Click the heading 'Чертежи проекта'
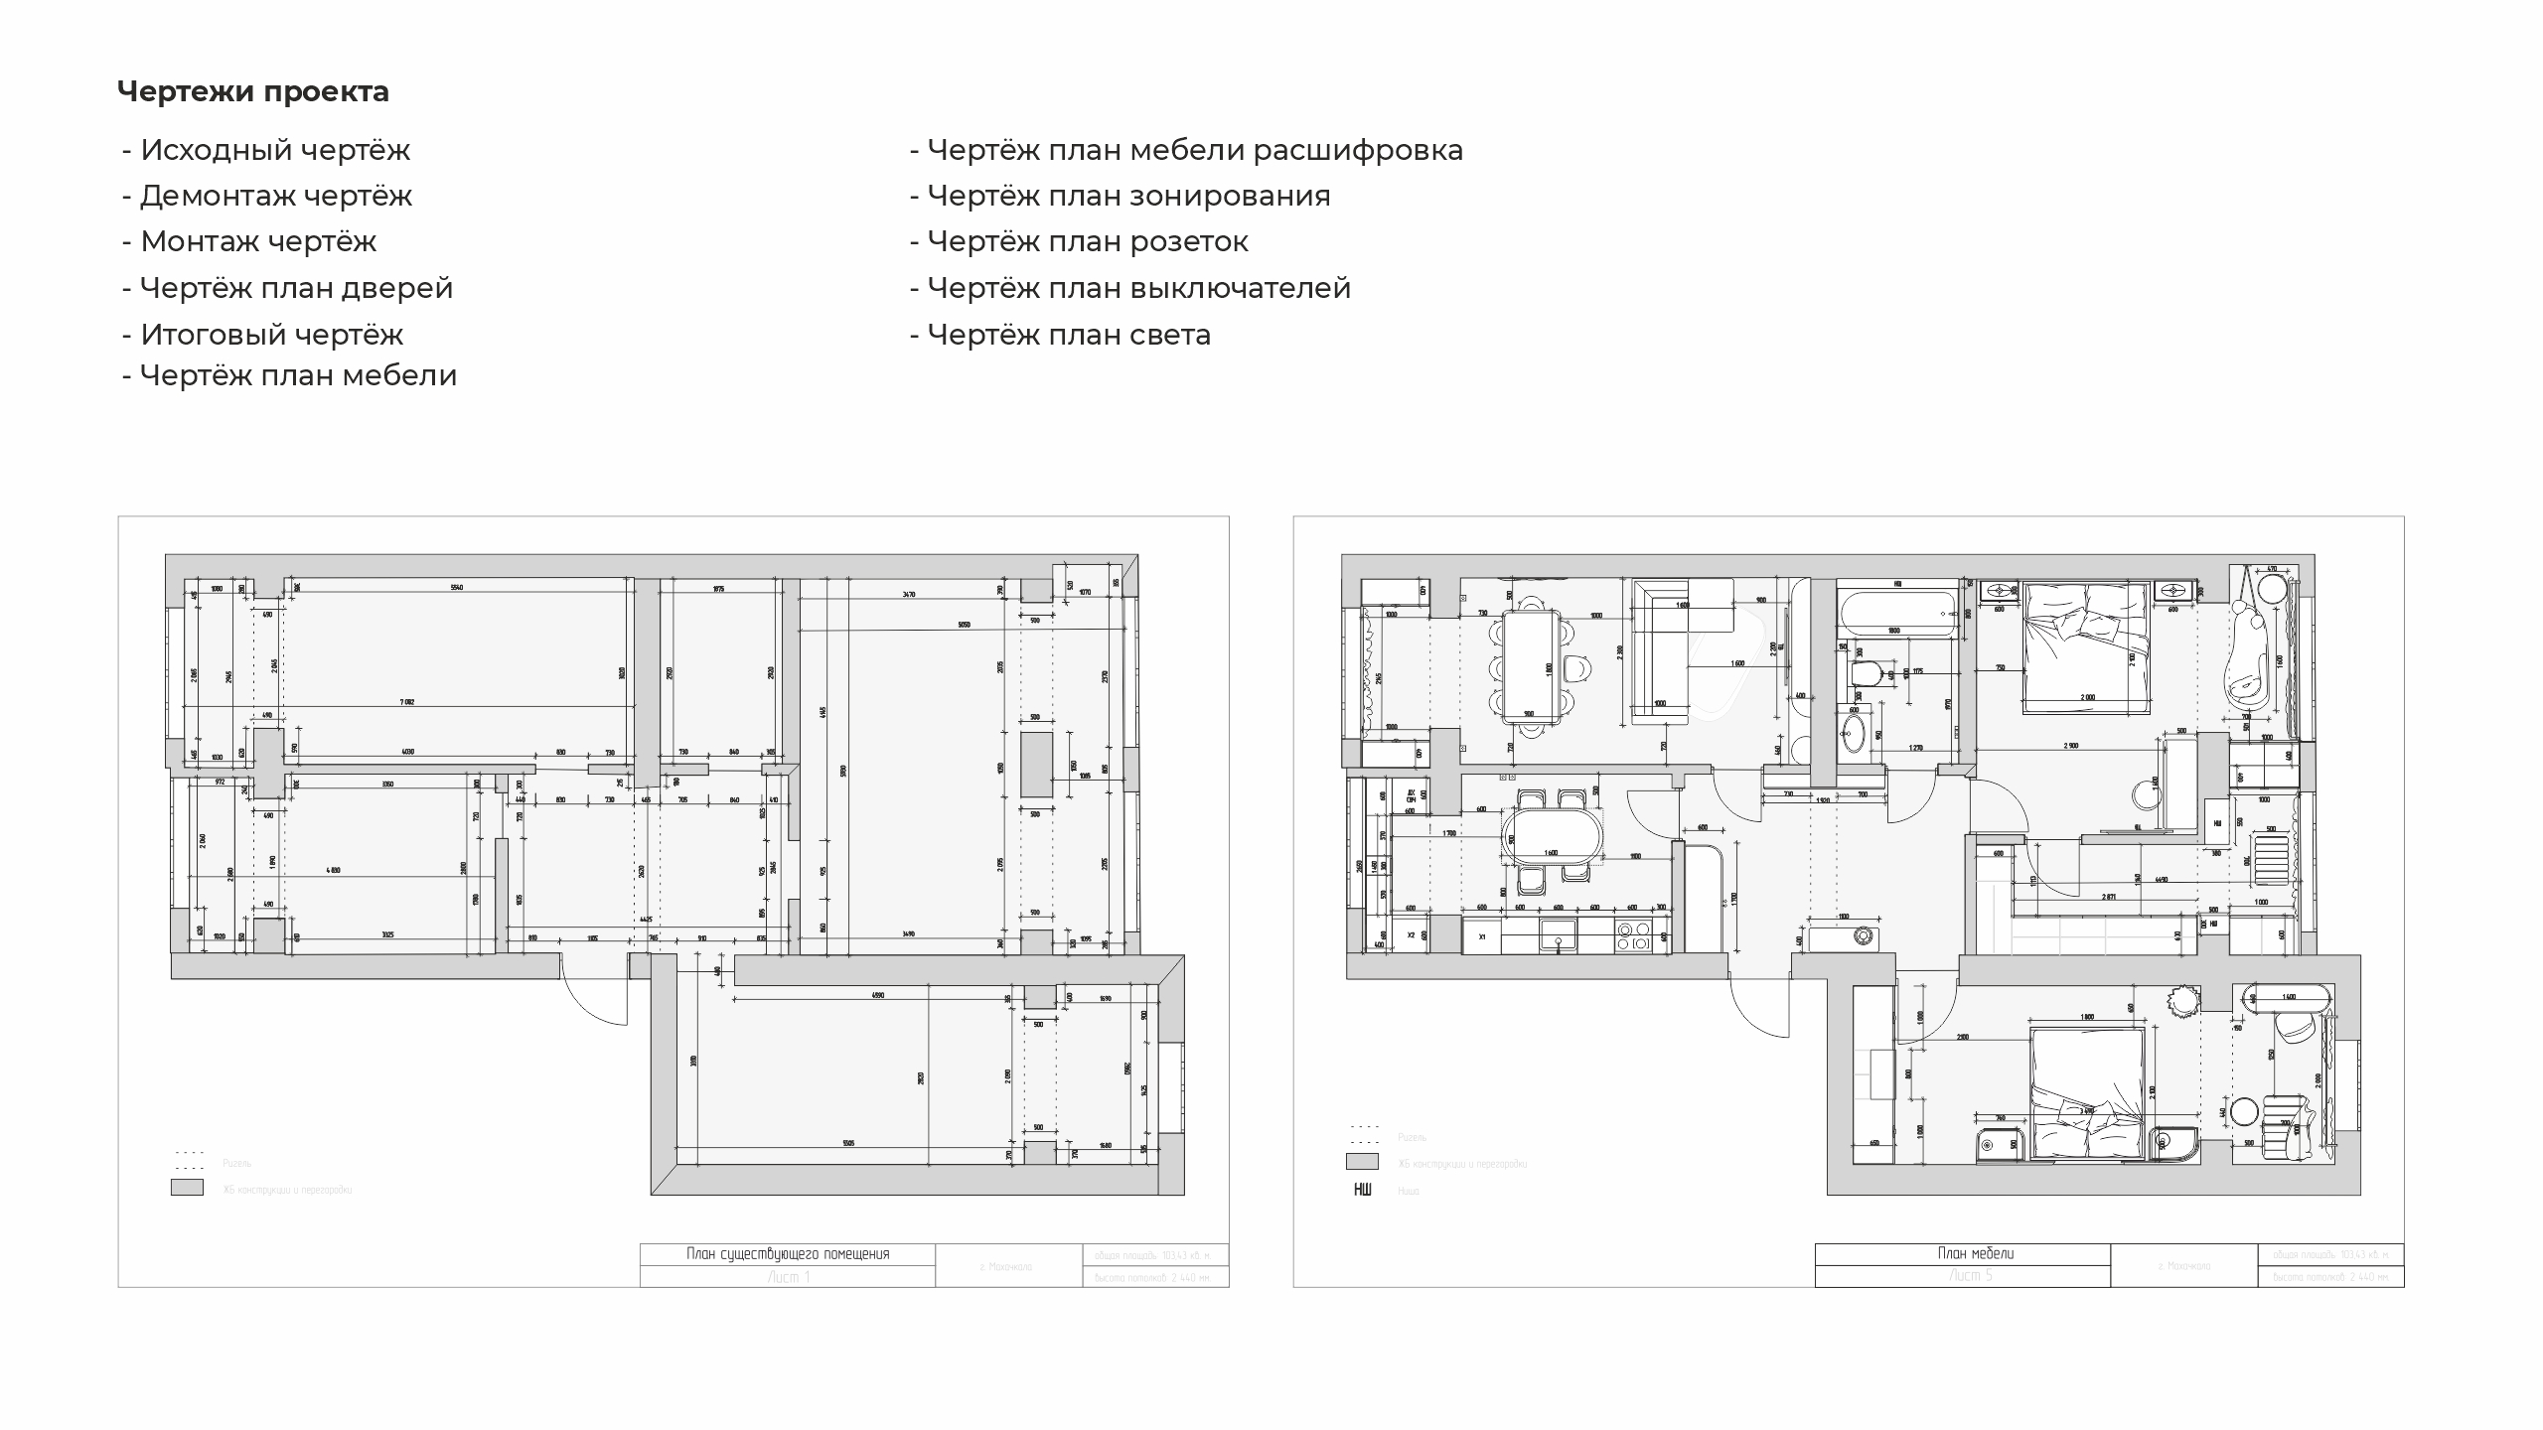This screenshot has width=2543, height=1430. point(253,92)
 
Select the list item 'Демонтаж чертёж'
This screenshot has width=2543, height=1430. point(275,196)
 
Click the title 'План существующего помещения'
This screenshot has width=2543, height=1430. point(788,1254)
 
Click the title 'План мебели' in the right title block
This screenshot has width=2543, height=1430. point(1962,1254)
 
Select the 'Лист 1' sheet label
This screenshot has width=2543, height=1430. point(788,1277)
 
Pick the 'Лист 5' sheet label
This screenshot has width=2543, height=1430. point(1962,1276)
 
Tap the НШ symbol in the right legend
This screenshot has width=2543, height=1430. point(1362,1190)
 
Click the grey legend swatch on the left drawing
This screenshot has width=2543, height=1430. point(187,1188)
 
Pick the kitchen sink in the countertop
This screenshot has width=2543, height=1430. point(1558,934)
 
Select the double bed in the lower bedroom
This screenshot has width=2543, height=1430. point(2082,1092)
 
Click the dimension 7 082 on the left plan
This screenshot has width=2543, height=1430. point(407,702)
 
